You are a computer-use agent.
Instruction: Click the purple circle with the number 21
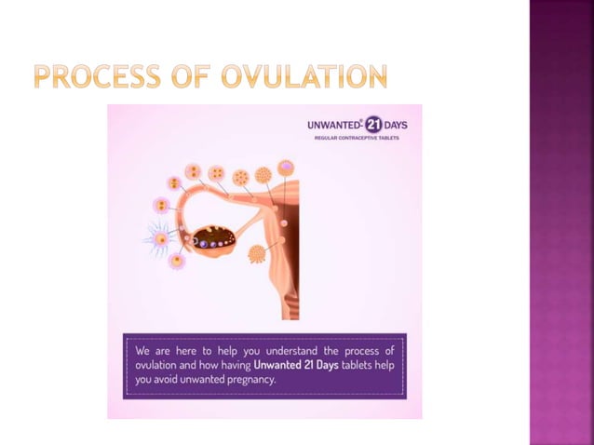click(372, 125)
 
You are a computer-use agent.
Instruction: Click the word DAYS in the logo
click(396, 125)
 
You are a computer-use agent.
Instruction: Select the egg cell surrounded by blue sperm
click(162, 238)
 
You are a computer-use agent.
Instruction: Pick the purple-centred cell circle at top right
click(286, 168)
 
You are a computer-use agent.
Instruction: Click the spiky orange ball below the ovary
click(256, 253)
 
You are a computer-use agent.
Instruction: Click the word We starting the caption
click(142, 351)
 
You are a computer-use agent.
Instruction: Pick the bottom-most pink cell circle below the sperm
click(176, 262)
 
